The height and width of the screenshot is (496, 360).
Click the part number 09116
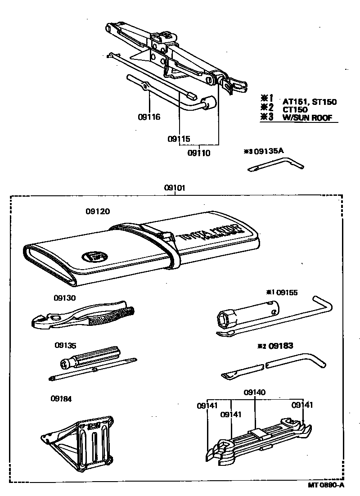click(149, 117)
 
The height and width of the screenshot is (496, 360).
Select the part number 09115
click(179, 139)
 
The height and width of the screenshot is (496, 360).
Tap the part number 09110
click(198, 153)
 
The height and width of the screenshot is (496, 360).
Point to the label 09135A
click(269, 151)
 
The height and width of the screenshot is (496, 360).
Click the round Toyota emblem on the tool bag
click(92, 257)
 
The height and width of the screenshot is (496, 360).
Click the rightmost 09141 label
click(302, 405)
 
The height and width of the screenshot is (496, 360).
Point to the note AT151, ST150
click(309, 102)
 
